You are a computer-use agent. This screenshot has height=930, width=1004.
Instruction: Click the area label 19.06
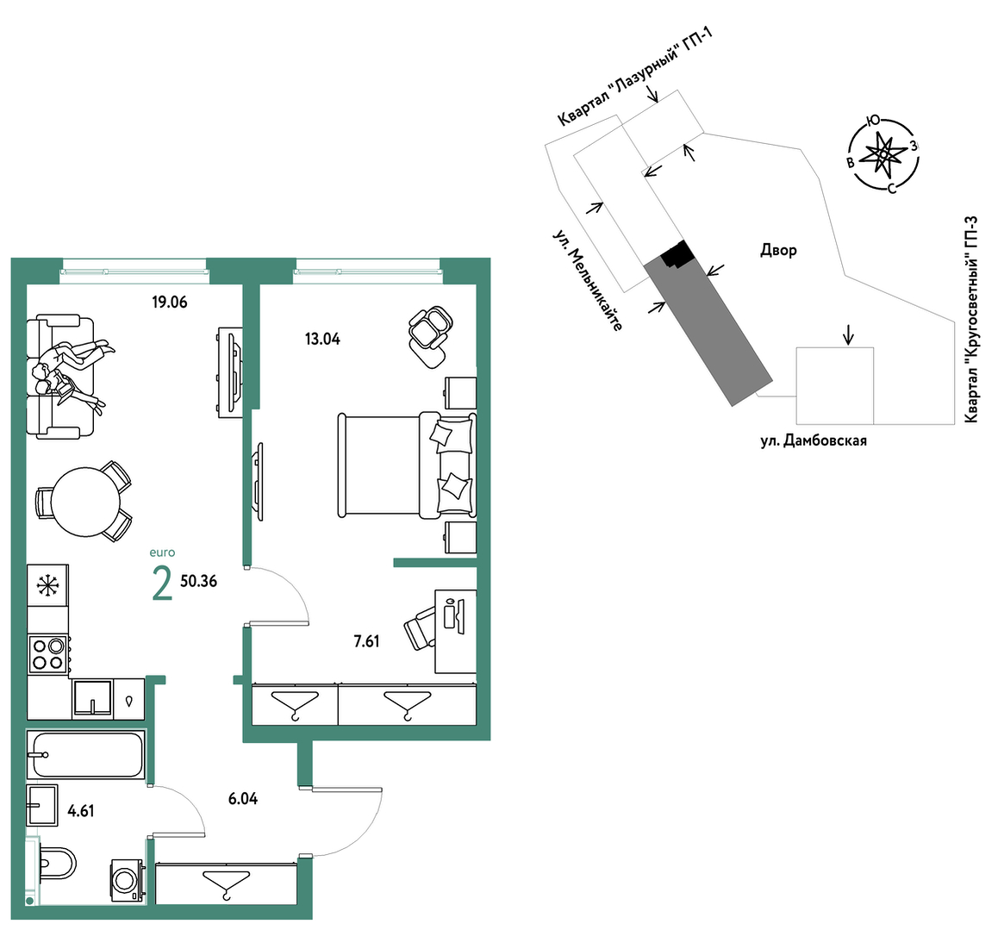[x=170, y=302]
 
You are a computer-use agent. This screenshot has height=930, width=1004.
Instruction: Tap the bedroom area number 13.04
[x=322, y=339]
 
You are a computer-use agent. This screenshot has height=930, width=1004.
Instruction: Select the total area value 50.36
[x=198, y=581]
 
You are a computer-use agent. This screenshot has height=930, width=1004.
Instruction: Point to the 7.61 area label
[x=367, y=641]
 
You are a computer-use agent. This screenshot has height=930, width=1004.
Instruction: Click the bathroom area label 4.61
[x=81, y=811]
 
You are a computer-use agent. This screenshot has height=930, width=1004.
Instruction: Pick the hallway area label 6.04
[x=243, y=799]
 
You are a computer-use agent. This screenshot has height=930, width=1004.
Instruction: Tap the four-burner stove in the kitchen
[x=48, y=654]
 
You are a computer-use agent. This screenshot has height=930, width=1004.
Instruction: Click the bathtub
[x=86, y=754]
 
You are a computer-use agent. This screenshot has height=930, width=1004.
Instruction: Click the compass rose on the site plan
[x=883, y=155]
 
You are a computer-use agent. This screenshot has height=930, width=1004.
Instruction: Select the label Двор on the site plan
[x=778, y=250]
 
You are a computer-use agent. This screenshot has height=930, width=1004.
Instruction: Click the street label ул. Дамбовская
[x=814, y=440]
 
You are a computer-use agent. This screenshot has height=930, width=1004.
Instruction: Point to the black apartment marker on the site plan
[x=677, y=254]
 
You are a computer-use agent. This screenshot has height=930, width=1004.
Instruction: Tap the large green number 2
[x=163, y=584]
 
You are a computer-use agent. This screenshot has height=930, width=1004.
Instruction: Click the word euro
[x=162, y=552]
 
